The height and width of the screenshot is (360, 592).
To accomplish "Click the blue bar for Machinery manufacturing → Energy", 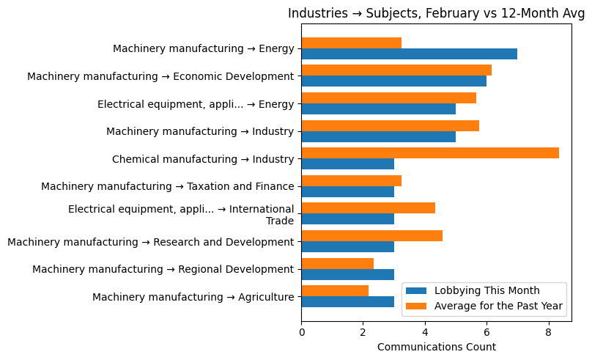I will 409,54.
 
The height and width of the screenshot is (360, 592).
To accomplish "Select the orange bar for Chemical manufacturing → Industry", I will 430,153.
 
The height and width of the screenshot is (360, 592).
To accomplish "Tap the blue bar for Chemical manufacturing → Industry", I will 347,164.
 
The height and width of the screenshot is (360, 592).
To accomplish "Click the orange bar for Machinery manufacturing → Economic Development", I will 396,70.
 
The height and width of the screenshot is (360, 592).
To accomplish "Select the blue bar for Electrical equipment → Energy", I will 378,109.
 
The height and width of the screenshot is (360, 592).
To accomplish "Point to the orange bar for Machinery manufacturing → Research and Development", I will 371,236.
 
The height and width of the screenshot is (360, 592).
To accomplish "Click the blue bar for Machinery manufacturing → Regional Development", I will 347,274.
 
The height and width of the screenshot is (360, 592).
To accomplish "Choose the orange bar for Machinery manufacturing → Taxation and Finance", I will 351,181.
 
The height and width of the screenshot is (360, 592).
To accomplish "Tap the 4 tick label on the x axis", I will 425,332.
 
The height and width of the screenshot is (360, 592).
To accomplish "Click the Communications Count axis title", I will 436,347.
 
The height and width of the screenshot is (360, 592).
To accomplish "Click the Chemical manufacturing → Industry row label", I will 203,159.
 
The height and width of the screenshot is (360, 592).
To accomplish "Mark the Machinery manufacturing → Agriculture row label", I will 193,297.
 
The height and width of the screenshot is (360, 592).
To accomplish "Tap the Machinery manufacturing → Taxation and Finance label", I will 168,187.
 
